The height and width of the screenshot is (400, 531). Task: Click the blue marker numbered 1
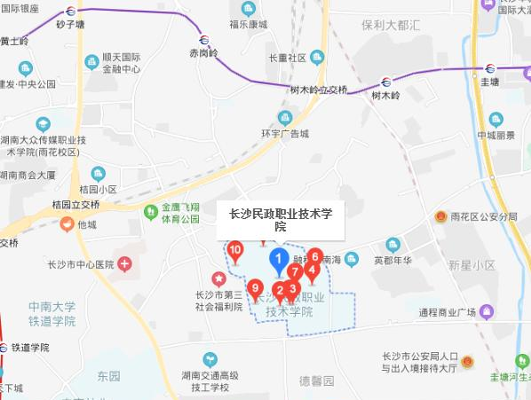[x=278, y=260]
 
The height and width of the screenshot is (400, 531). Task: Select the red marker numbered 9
[x=256, y=288]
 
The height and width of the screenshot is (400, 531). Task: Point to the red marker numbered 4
[x=311, y=271]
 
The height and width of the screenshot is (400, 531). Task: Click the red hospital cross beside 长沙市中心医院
[x=125, y=263]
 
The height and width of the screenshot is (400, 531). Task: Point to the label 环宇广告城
[x=284, y=134]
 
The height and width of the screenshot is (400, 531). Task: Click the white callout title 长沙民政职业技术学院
[x=280, y=219]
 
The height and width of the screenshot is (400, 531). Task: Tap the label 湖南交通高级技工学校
[x=211, y=380]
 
